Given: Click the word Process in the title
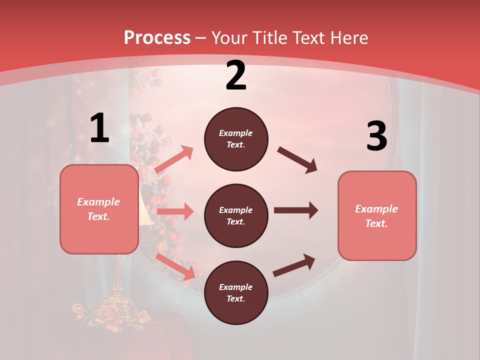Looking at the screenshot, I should pos(157,37).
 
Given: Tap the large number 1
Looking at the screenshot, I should pos(99,128).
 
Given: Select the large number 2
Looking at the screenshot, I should pos(236,75).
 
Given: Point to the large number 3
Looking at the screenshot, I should pos(376,136).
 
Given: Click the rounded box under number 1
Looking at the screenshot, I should pos(99,209).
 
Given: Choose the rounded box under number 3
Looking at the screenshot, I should pos(377,216).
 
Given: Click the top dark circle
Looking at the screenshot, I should pos(236,139).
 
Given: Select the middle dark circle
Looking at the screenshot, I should pos(236,215).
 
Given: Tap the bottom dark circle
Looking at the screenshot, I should pos(236,292).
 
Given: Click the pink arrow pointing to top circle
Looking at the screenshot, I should pos(173,159).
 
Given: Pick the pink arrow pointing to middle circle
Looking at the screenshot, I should pos(175,211).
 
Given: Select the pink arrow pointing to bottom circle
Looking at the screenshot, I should pos(175,266).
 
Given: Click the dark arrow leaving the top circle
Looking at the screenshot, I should pos(297,159).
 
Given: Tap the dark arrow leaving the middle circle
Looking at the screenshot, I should pos(295,210).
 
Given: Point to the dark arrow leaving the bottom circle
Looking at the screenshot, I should pos(294,265).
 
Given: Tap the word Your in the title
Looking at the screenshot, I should pos(230,37).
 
